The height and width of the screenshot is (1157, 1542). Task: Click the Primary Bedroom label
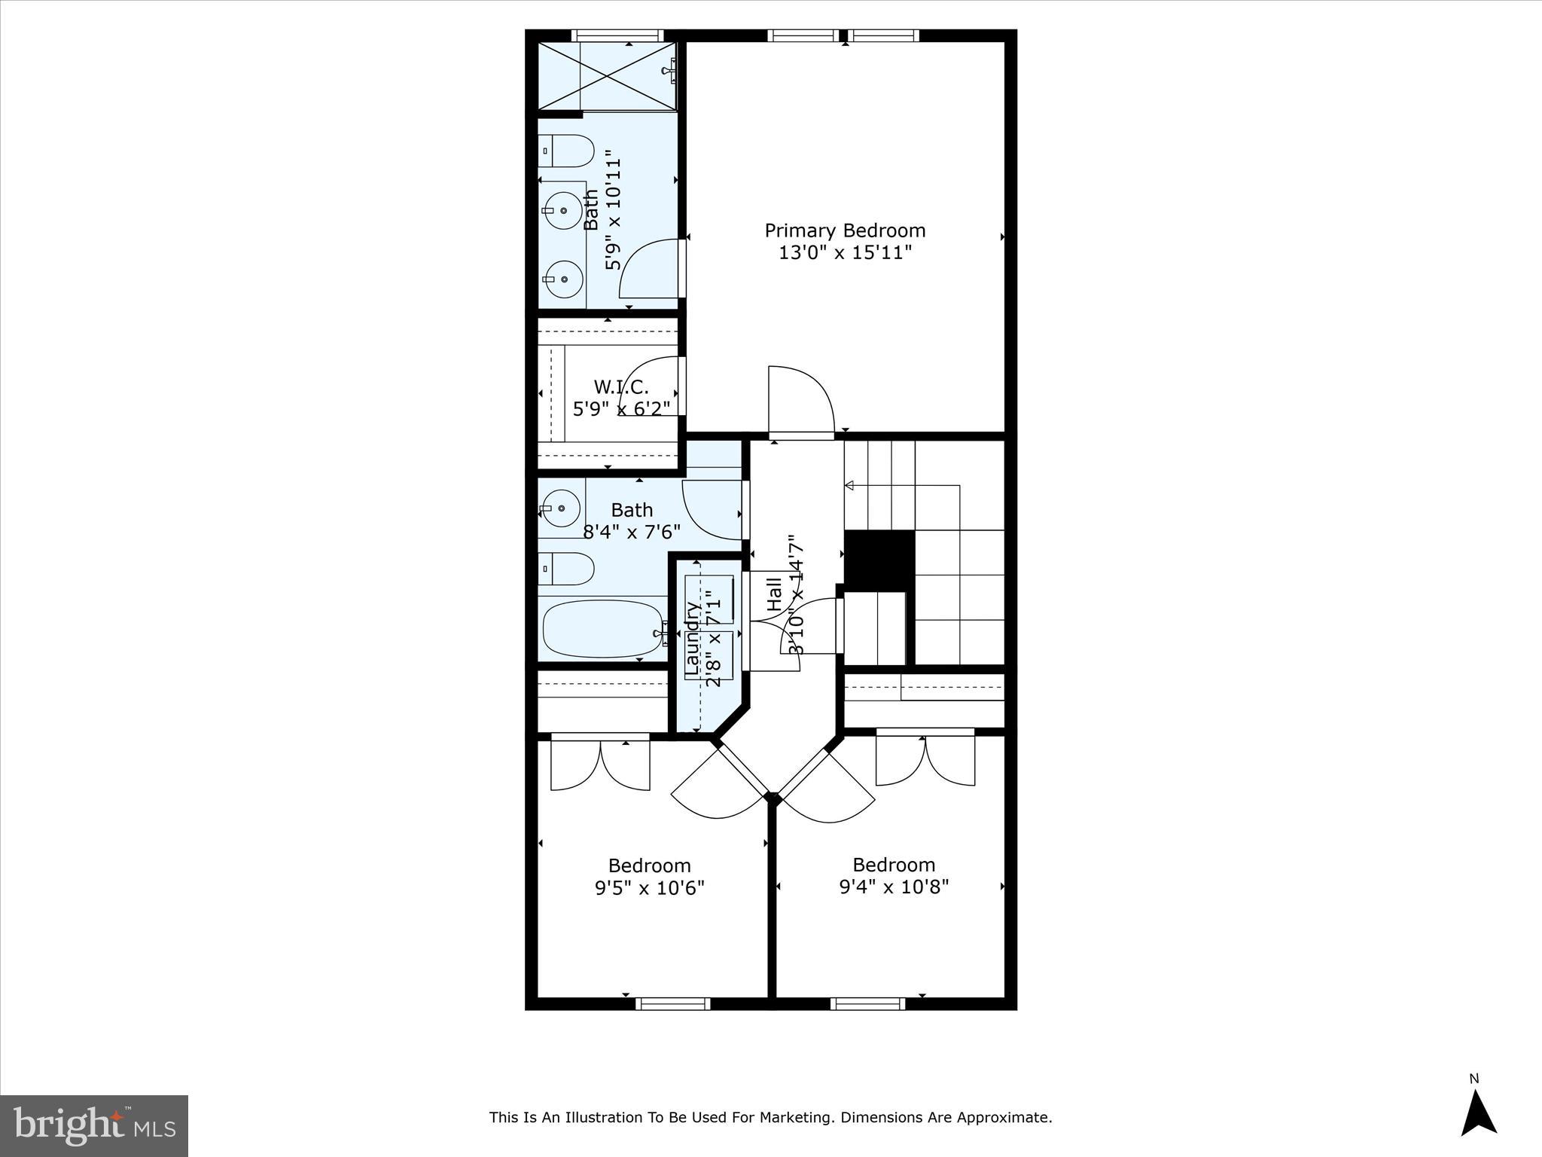(x=845, y=230)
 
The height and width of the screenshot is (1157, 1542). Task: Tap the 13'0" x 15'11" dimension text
(x=845, y=252)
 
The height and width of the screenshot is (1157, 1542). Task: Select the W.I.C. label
(x=620, y=387)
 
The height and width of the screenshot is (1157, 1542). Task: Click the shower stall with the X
(x=606, y=75)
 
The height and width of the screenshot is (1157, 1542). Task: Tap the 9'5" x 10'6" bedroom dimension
(x=649, y=888)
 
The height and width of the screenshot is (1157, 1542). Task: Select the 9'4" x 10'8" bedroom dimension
(x=894, y=887)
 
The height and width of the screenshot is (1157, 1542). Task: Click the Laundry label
(x=692, y=637)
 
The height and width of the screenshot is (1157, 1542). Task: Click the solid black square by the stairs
(x=879, y=560)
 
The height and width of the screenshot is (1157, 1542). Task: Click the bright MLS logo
(x=93, y=1125)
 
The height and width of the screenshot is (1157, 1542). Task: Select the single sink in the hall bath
(x=560, y=508)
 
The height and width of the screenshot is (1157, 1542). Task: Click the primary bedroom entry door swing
(x=800, y=400)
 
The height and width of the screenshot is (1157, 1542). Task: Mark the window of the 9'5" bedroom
(x=673, y=1003)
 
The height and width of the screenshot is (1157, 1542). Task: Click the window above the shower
(x=617, y=35)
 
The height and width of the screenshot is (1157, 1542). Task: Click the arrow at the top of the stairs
(x=851, y=486)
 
